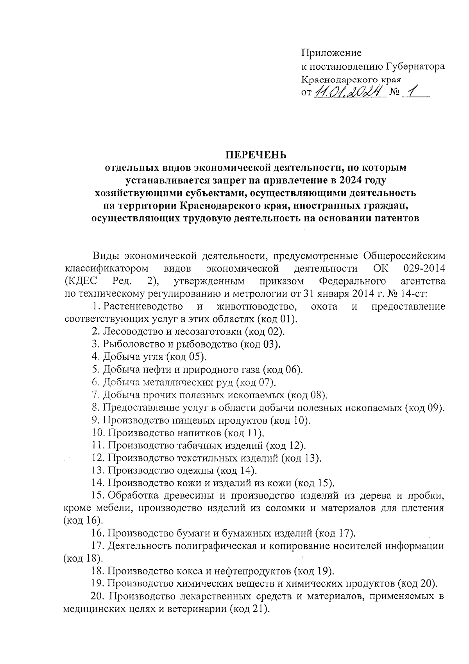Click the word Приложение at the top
point(331,53)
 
